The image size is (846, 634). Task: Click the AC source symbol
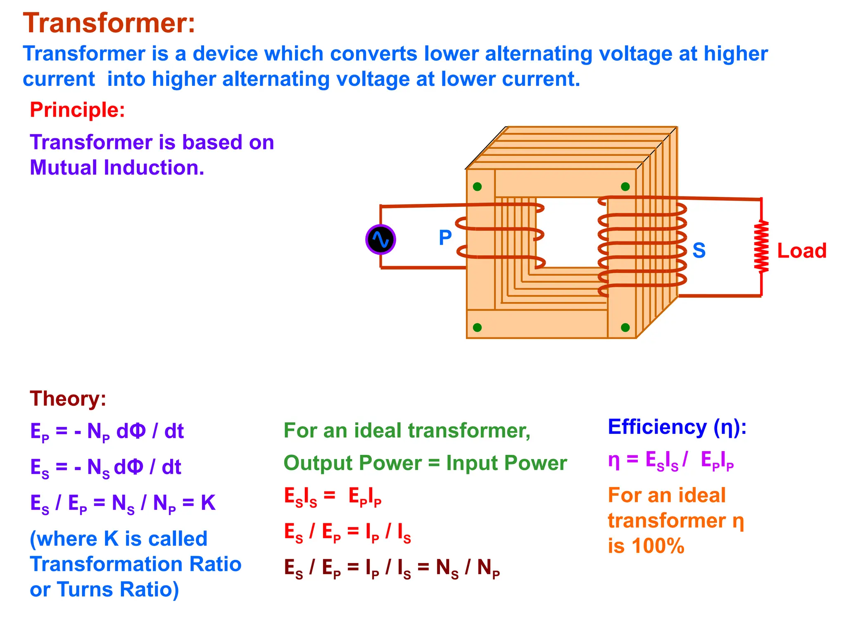[x=380, y=239]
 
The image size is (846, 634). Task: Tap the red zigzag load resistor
[x=761, y=247]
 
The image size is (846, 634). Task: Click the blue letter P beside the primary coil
[x=445, y=238]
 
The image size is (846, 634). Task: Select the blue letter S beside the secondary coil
[x=699, y=251]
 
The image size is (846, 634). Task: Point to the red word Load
[x=801, y=251]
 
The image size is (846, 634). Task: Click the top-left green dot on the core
[x=477, y=187]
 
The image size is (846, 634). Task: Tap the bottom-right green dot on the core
[x=625, y=327]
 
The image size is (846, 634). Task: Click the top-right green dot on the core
[x=625, y=187]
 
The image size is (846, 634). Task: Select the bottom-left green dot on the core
[x=477, y=327]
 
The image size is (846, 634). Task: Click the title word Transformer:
[x=109, y=23]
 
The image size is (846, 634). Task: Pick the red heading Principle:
[x=77, y=110]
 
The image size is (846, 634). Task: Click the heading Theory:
[x=68, y=399]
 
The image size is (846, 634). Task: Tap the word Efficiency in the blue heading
[x=657, y=427]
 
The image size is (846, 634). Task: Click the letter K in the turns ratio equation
[x=208, y=503]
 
